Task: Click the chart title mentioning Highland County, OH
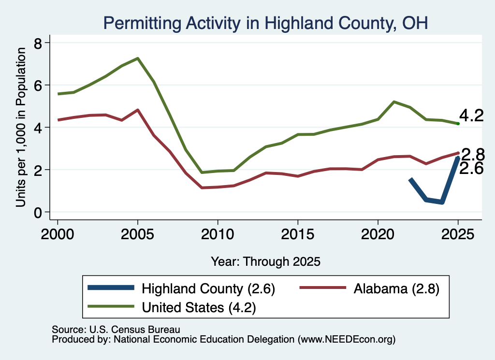pyautogui.click(x=265, y=23)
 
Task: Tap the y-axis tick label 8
pyautogui.click(x=38, y=43)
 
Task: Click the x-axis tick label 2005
pyautogui.click(x=137, y=234)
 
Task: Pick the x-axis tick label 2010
pyautogui.click(x=218, y=234)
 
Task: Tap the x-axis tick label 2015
pyautogui.click(x=298, y=234)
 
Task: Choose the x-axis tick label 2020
pyautogui.click(x=378, y=234)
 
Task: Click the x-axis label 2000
pyautogui.click(x=58, y=234)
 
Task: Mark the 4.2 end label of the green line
pyautogui.click(x=471, y=115)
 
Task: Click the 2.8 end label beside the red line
pyautogui.click(x=473, y=155)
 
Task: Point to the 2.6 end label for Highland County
pyautogui.click(x=471, y=169)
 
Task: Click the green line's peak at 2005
pyautogui.click(x=138, y=58)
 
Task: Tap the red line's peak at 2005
pyautogui.click(x=138, y=110)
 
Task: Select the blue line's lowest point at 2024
pyautogui.click(x=442, y=202)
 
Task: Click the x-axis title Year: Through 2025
pyautogui.click(x=265, y=261)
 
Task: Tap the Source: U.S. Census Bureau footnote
pyautogui.click(x=116, y=330)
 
